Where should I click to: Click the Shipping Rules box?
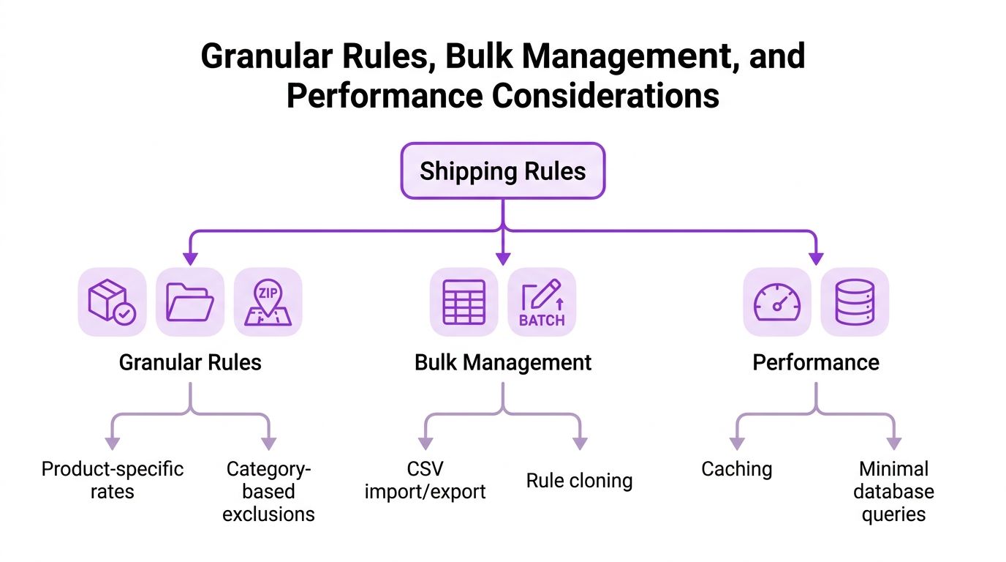click(x=502, y=171)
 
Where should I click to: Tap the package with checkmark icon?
click(x=113, y=301)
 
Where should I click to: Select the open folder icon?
click(x=190, y=301)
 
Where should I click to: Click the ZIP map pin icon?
click(x=268, y=301)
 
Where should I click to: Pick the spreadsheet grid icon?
click(x=464, y=301)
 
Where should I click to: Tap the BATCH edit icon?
click(x=542, y=301)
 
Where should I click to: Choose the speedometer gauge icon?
click(x=777, y=301)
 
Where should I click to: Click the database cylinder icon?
click(x=855, y=301)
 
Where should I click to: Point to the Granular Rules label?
click(x=190, y=362)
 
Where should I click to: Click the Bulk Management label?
click(x=503, y=363)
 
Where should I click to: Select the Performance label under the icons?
click(x=816, y=362)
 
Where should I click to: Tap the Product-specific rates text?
click(x=113, y=480)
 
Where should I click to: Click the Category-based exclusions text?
click(x=268, y=492)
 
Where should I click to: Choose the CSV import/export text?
click(x=425, y=480)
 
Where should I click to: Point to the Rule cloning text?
click(x=579, y=481)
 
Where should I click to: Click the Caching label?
click(x=736, y=470)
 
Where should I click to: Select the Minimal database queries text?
click(x=893, y=492)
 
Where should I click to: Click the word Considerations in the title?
click(x=606, y=96)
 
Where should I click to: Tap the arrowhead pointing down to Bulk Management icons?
click(x=503, y=258)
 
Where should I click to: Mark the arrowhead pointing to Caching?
click(x=736, y=443)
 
